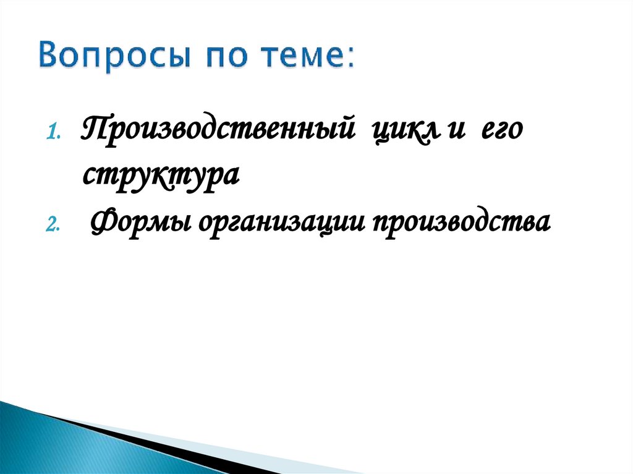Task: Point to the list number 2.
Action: tap(53, 225)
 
